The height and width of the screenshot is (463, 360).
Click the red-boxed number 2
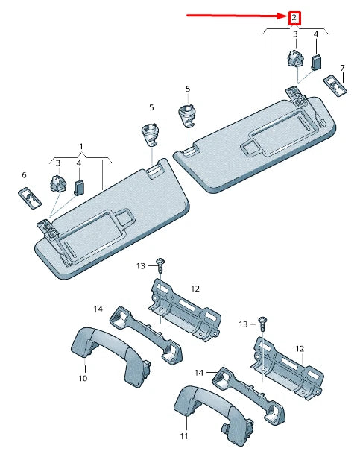294,18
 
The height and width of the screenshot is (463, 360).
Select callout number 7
342,68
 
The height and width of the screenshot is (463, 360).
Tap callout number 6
24,175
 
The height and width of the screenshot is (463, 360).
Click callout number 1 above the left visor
81,146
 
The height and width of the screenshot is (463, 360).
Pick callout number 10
83,378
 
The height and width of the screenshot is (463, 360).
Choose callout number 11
184,435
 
